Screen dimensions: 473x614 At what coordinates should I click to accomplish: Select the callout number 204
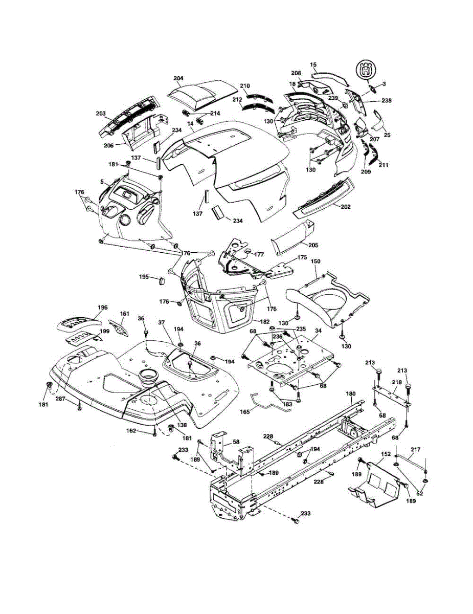[178, 78]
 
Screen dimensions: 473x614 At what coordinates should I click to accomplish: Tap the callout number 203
[101, 114]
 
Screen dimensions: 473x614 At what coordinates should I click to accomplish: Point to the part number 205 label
[313, 245]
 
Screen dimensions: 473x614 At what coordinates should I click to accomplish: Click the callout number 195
[144, 277]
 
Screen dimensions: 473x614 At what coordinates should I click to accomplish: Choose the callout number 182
[264, 321]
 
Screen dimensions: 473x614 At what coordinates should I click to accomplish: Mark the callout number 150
[315, 261]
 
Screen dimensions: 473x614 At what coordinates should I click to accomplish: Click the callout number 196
[102, 308]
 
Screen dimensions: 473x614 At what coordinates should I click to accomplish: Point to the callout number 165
[244, 412]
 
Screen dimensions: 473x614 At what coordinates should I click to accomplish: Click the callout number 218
[397, 382]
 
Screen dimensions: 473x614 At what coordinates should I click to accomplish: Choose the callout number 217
[415, 449]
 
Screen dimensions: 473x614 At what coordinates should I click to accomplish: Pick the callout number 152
[386, 454]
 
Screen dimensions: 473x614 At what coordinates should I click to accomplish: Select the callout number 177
[259, 255]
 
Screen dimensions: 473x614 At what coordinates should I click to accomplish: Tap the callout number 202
[345, 207]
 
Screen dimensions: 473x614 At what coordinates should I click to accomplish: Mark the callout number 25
[387, 136]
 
